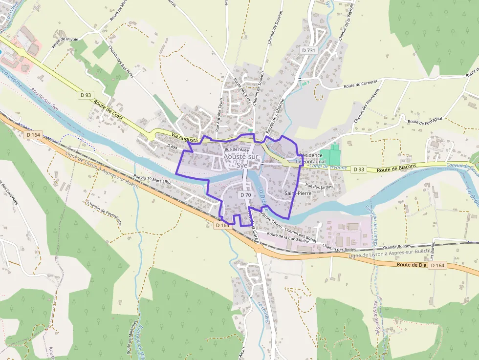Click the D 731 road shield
309,50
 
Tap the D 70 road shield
245,194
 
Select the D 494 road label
172,146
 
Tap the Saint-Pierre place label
298,193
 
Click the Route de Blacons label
397,167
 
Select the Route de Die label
412,264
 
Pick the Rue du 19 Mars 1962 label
152,180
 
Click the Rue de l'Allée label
237,149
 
